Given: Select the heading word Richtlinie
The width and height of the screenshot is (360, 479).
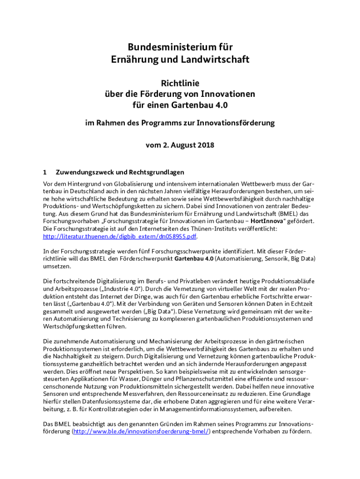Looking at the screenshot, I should [x=180, y=83].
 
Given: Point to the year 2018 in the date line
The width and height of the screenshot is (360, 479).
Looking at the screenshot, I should [x=205, y=145].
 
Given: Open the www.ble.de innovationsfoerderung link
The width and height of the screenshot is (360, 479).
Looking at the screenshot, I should [x=141, y=431].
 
